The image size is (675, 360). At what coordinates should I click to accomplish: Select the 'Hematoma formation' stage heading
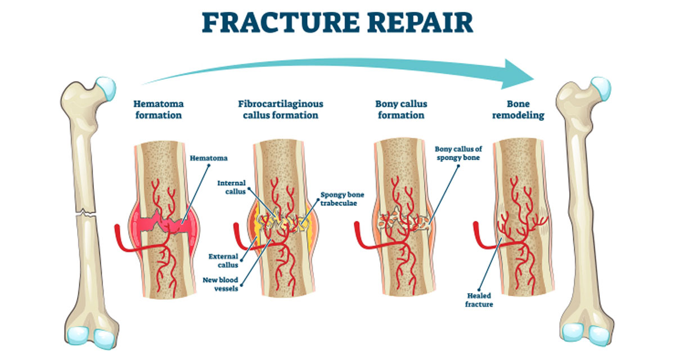(158, 110)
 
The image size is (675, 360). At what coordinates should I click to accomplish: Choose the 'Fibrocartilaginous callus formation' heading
(281, 110)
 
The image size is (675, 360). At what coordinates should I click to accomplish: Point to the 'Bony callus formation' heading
(401, 110)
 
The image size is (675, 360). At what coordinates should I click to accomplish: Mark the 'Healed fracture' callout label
(479, 300)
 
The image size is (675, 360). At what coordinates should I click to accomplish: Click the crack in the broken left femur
(87, 214)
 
